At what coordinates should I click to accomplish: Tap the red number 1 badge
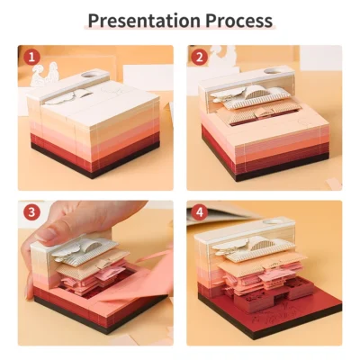point(32,58)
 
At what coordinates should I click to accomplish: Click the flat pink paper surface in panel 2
point(297,126)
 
